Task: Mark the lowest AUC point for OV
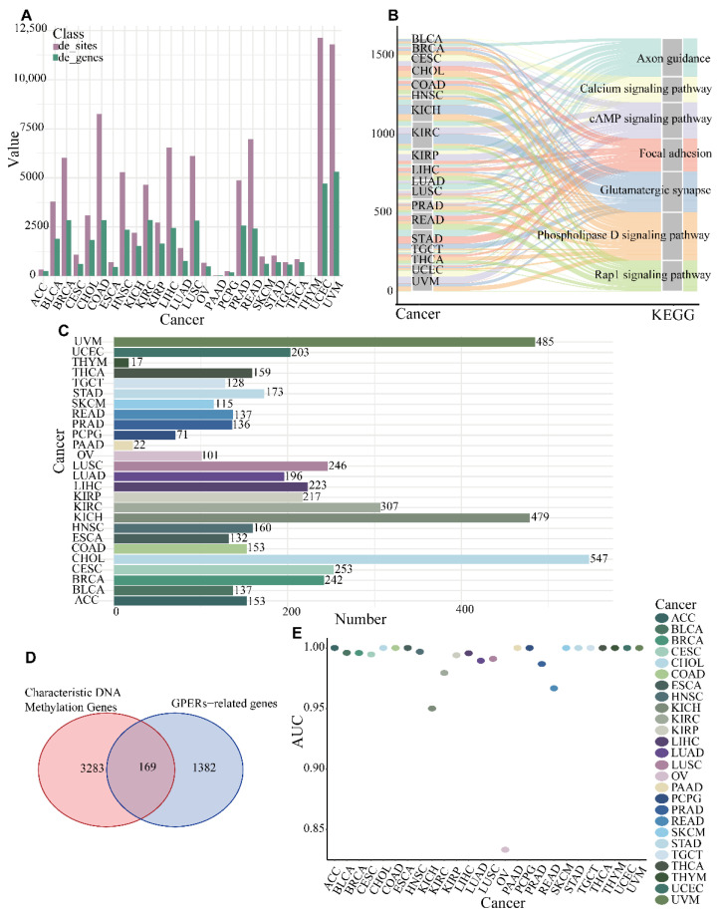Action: point(505,849)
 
